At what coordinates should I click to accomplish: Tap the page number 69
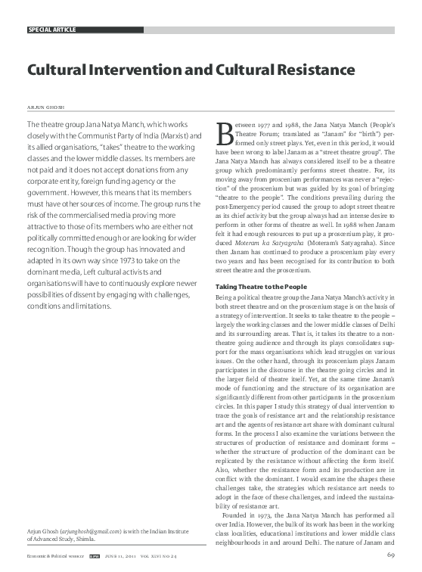coord(391,558)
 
